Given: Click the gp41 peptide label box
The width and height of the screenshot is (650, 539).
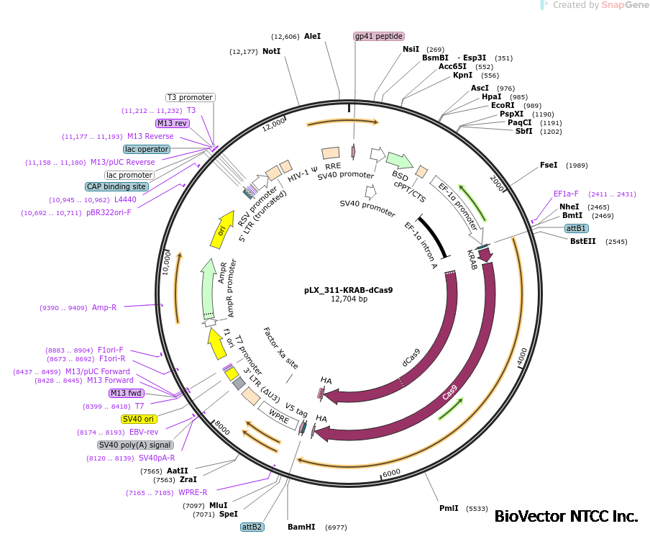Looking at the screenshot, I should pyautogui.click(x=379, y=36).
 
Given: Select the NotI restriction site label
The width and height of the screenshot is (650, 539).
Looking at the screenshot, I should pyautogui.click(x=271, y=52).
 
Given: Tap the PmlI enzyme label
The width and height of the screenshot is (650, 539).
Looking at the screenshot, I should pyautogui.click(x=449, y=508).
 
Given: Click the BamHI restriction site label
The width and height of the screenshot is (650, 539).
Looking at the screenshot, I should pyautogui.click(x=301, y=527).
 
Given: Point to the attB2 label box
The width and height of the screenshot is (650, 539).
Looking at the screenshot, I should pyautogui.click(x=252, y=527).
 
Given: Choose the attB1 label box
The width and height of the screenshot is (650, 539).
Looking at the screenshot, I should pyautogui.click(x=576, y=228).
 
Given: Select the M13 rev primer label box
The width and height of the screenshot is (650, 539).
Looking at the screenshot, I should pyautogui.click(x=172, y=123).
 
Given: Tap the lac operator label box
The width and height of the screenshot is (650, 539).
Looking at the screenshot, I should pyautogui.click(x=147, y=149).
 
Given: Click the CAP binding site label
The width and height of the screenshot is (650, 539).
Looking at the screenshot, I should pyautogui.click(x=116, y=186).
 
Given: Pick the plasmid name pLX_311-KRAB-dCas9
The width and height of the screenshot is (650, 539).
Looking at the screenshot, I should pyautogui.click(x=348, y=289).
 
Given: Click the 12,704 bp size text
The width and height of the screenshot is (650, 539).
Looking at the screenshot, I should pyautogui.click(x=349, y=299).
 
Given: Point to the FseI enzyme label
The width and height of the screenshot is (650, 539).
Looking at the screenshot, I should pyautogui.click(x=549, y=166).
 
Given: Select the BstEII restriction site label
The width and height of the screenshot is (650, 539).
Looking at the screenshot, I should pyautogui.click(x=582, y=241).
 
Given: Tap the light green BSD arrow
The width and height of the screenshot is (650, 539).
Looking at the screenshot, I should pyautogui.click(x=399, y=159).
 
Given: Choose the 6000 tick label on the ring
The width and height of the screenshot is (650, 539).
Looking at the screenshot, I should pyautogui.click(x=391, y=473).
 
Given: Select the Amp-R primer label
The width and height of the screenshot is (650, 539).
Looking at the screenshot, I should pyautogui.click(x=104, y=307).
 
